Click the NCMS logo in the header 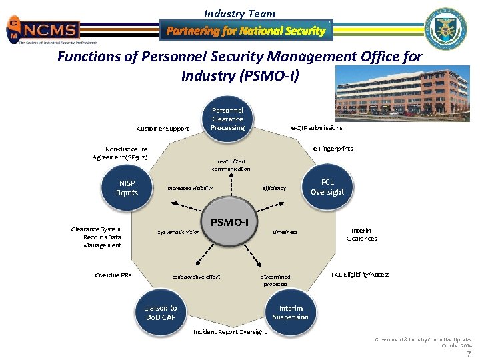(44, 29)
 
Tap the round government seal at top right (446, 30)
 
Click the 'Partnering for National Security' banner (246, 31)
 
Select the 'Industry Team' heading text (239, 13)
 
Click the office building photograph (402, 94)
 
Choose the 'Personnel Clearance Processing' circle (227, 119)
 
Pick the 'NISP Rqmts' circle (127, 188)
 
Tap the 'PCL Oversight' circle (327, 187)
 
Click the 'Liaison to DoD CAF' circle (161, 312)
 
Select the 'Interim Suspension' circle (291, 313)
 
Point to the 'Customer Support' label (163, 129)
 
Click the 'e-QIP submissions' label (317, 128)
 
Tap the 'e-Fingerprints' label (333, 149)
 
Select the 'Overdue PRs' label (113, 275)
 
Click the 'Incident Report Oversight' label (229, 332)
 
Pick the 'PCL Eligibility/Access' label (360, 275)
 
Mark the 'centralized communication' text (231, 165)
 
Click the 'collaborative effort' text (196, 277)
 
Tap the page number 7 (469, 353)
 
